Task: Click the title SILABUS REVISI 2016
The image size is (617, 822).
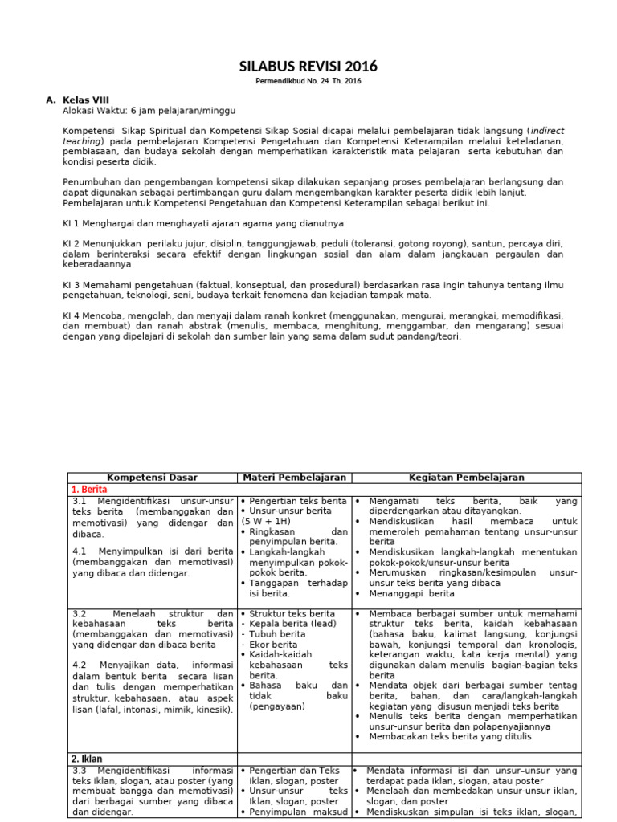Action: (x=308, y=67)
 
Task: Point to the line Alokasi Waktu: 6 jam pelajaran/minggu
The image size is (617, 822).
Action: (x=149, y=110)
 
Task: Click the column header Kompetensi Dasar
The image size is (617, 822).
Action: (x=152, y=478)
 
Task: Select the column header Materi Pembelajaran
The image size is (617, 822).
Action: (x=294, y=478)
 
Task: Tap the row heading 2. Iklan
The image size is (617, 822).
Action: (x=86, y=759)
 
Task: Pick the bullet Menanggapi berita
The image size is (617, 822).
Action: (x=411, y=593)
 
